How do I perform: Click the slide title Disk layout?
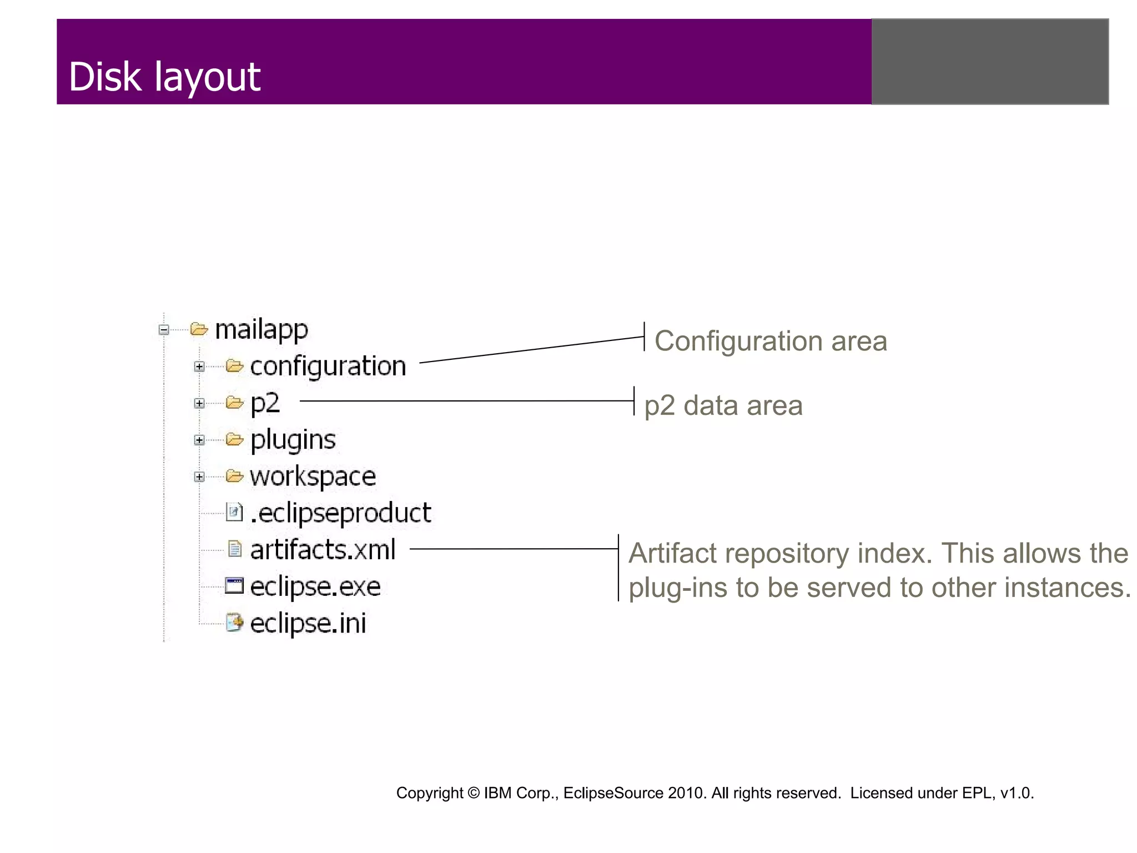tap(164, 77)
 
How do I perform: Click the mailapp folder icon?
tap(199, 329)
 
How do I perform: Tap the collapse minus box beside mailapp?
tap(164, 330)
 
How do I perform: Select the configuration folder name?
tap(328, 367)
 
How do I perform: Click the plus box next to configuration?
tap(199, 367)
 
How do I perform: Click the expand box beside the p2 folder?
tap(199, 404)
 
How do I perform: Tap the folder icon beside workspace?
tap(234, 476)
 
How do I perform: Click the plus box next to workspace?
tap(199, 477)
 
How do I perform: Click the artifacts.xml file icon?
tap(235, 549)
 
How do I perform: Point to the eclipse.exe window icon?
tap(234, 586)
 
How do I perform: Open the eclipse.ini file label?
tap(308, 623)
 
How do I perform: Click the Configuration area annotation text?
tap(771, 341)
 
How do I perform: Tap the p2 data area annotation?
tap(723, 405)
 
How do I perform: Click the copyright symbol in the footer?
tap(473, 793)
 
